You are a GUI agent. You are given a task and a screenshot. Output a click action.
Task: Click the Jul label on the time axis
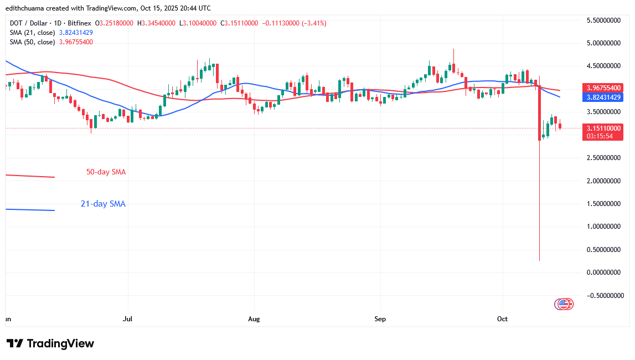tap(128, 319)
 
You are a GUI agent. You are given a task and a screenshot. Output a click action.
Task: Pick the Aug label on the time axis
tap(254, 319)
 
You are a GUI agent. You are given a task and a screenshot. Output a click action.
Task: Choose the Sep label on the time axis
tap(380, 319)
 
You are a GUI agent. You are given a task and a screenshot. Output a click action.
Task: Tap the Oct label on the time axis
tap(503, 319)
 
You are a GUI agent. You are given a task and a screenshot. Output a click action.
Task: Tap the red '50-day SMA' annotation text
tap(106, 172)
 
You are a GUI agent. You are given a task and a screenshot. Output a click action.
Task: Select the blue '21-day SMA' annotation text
tap(103, 204)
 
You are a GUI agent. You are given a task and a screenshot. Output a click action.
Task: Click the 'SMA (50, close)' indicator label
tap(31, 42)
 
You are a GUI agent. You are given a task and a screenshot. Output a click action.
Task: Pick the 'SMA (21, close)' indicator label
tap(31, 33)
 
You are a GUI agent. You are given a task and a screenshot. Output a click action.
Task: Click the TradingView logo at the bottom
tap(50, 343)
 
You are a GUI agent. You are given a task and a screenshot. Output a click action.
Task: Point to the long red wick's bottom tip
tap(539, 260)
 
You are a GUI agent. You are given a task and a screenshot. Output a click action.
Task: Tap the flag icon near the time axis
tap(564, 304)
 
